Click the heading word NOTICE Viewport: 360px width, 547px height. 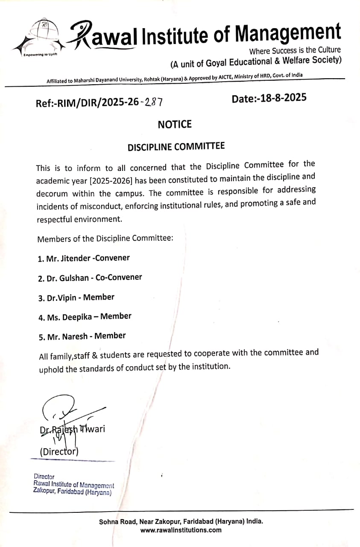pos(175,124)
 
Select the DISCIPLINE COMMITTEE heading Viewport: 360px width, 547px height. pos(176,147)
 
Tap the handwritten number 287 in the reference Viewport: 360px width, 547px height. pos(154,102)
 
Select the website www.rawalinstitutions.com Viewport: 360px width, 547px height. pos(181,530)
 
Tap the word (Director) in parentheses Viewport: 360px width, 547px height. pos(59,451)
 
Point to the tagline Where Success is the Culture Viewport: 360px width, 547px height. pos(295,50)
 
